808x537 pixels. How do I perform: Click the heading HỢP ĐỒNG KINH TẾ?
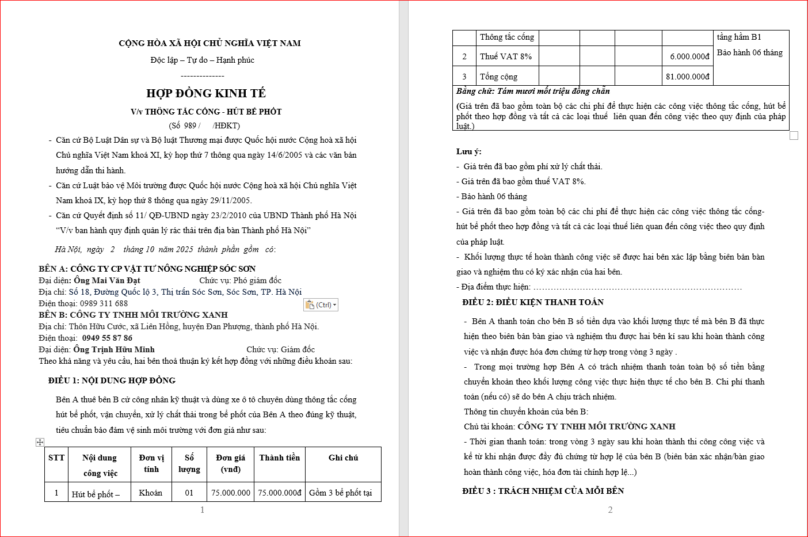pos(206,93)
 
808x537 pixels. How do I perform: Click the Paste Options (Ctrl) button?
pos(321,305)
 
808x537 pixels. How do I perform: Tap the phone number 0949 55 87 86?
pos(107,338)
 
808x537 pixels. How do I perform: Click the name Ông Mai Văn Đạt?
pos(107,280)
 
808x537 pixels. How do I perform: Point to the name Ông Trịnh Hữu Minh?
pos(114,349)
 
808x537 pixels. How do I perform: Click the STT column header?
pos(56,458)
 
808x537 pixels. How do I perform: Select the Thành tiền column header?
pos(279,458)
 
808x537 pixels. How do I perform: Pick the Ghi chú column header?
pos(343,458)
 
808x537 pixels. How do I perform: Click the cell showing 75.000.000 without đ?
pos(231,493)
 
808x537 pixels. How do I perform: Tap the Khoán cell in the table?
pos(151,493)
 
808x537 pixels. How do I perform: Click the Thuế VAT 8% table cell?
pos(506,56)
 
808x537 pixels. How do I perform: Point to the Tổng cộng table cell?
pos(498,77)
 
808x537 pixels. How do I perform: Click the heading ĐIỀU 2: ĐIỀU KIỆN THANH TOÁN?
pos(533,302)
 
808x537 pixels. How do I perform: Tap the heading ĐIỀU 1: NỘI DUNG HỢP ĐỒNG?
pos(112,380)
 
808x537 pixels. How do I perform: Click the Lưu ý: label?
pos(468,151)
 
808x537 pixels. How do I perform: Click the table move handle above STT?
pos(40,442)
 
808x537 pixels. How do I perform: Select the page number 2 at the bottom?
pos(610,510)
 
